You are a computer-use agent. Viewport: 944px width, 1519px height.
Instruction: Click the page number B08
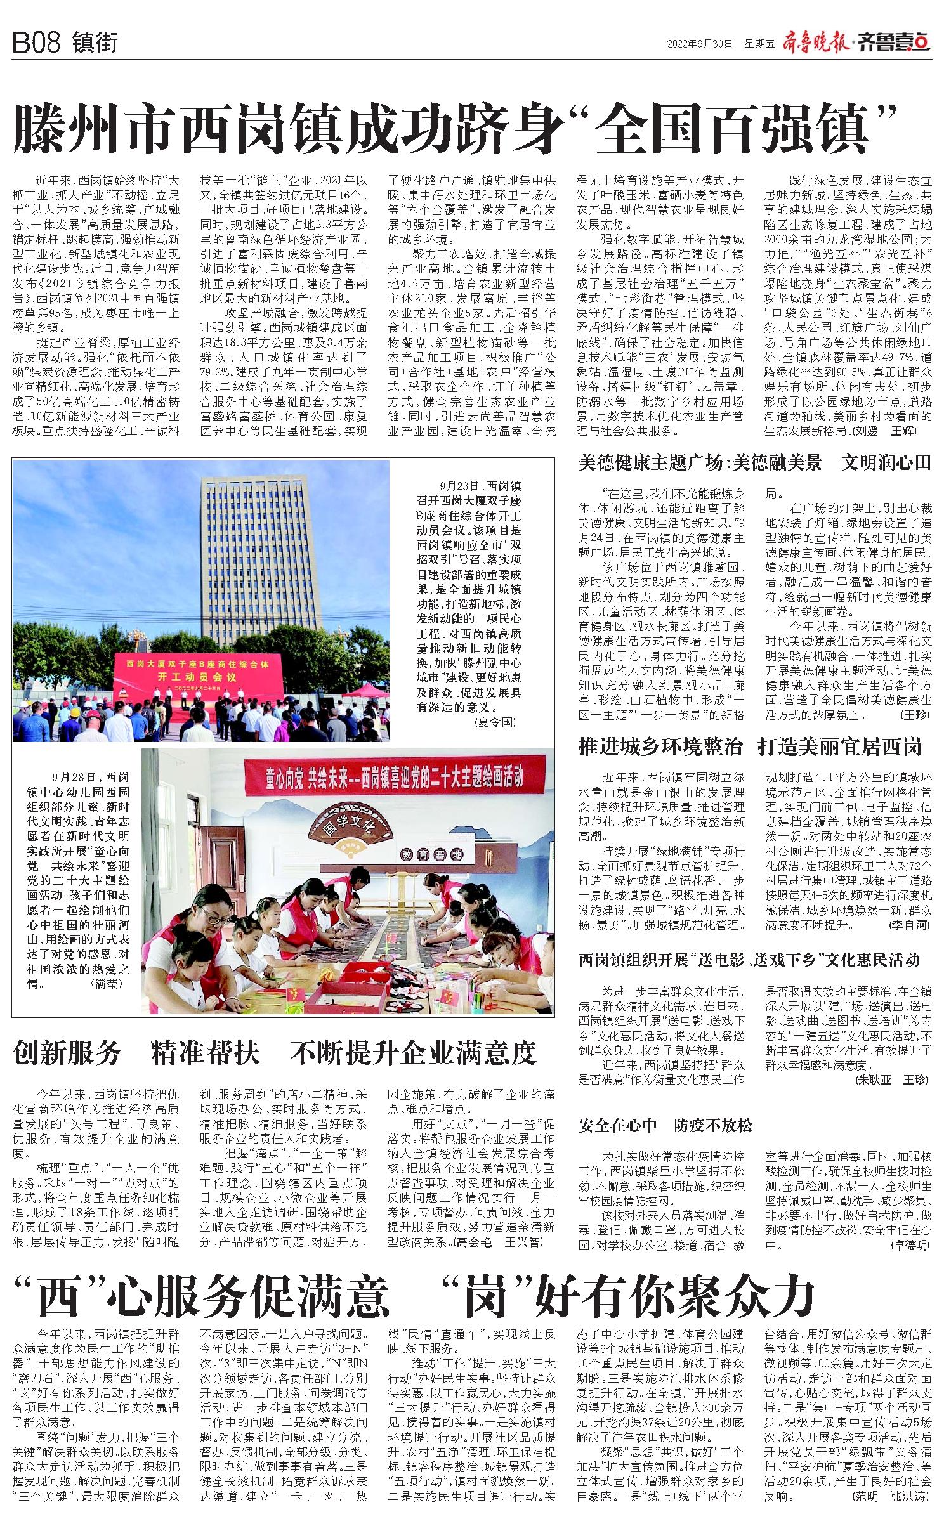pos(36,43)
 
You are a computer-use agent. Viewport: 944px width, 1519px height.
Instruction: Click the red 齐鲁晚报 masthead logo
pos(818,42)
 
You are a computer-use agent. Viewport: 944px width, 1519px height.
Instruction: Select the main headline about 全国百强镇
pos(455,127)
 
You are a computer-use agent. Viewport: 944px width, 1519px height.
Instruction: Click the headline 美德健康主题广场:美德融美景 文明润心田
pos(754,463)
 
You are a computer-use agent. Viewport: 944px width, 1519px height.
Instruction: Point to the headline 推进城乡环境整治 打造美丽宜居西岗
pos(750,746)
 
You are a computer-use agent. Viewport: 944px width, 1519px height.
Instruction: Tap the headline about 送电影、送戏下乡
pos(749,960)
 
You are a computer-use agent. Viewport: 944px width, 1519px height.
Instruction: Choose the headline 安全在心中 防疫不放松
pos(665,1125)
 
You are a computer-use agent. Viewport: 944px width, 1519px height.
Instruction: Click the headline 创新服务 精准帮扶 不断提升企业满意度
pos(274,1053)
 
